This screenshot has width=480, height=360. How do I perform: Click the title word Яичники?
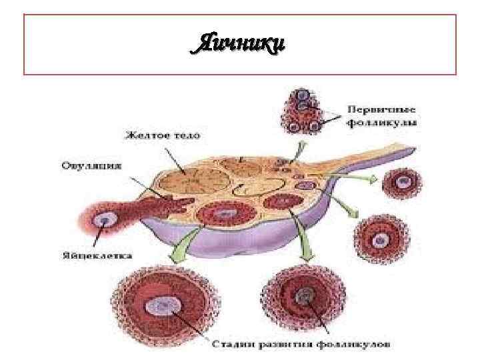[239, 44]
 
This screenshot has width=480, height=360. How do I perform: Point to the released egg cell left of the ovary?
[103, 219]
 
